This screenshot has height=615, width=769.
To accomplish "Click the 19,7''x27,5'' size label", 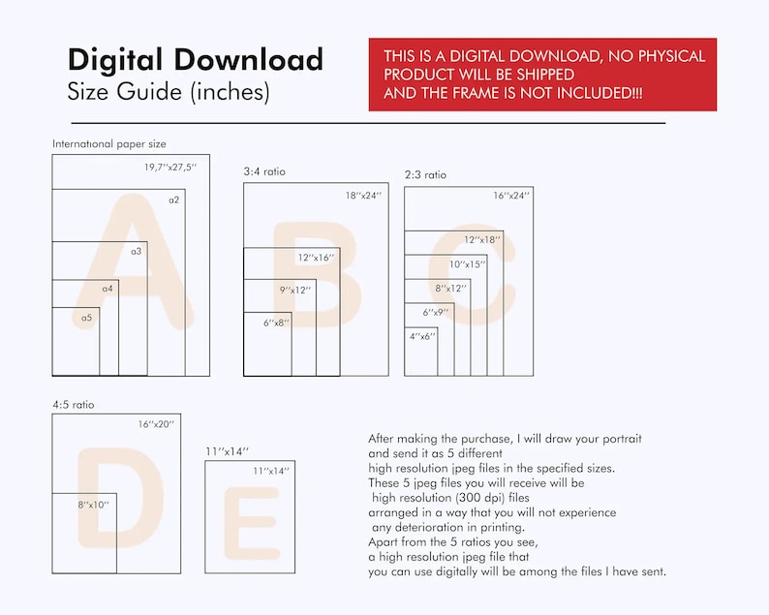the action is [x=170, y=168].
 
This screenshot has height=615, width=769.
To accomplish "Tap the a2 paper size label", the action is [x=174, y=200].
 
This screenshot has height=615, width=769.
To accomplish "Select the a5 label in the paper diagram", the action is [x=87, y=318].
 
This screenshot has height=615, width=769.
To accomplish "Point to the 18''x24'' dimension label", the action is [x=363, y=196].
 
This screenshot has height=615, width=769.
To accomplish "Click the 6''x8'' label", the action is [x=276, y=323].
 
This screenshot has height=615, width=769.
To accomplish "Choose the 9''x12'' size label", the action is [x=295, y=290].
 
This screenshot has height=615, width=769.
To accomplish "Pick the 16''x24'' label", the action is [x=511, y=196].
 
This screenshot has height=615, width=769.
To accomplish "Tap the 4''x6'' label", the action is [x=422, y=336].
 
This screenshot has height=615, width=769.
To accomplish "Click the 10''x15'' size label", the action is [x=468, y=264].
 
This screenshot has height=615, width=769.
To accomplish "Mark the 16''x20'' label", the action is [x=156, y=424].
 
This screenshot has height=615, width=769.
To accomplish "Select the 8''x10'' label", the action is [x=93, y=505].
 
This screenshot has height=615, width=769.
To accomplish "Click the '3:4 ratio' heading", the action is [x=264, y=171].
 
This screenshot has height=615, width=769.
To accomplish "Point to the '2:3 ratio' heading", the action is [x=426, y=174].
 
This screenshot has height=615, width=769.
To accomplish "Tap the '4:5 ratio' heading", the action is [x=74, y=405].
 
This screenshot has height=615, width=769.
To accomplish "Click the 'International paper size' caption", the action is [x=109, y=144].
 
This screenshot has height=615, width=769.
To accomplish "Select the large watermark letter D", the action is [x=120, y=497].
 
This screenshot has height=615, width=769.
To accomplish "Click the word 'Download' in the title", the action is [x=249, y=59].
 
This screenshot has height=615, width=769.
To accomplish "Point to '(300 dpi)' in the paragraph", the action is [x=480, y=498].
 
